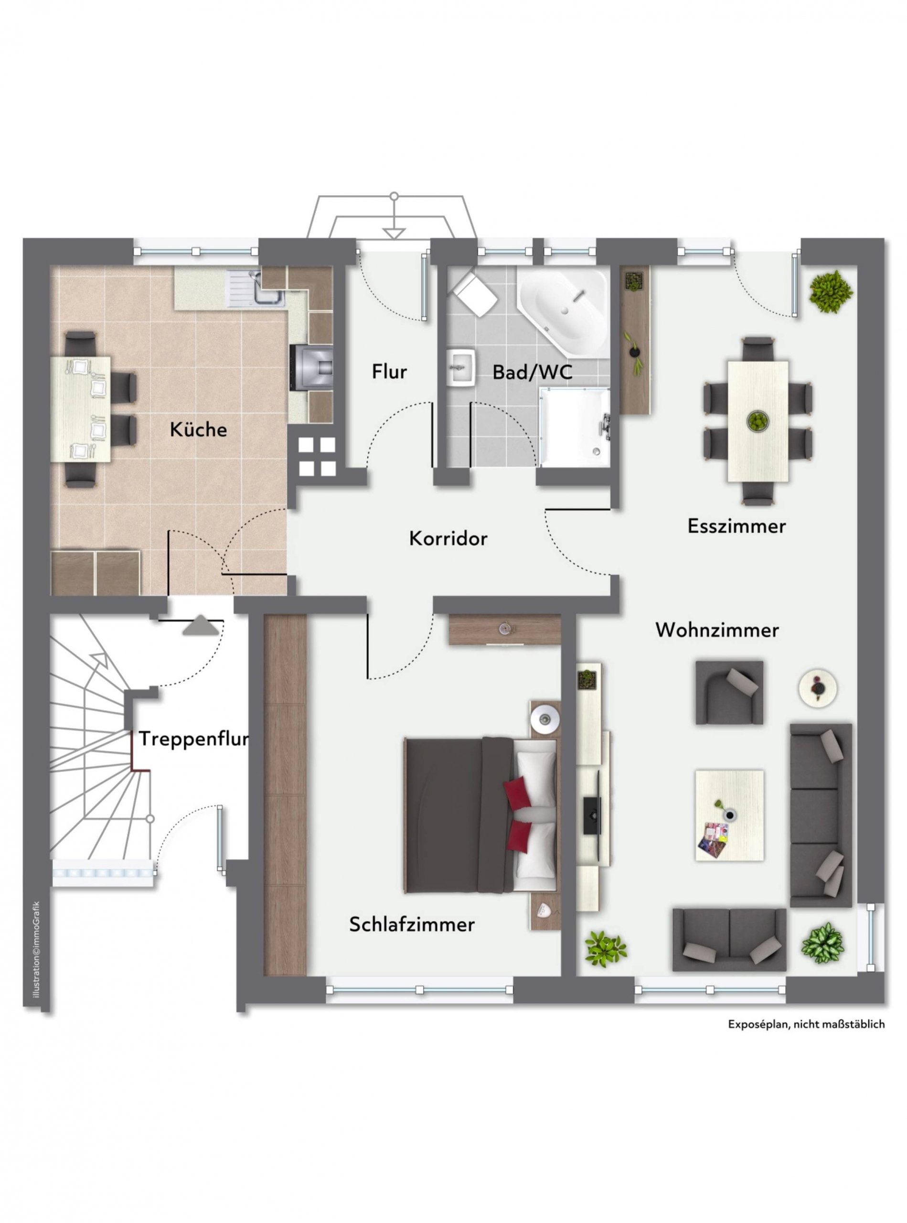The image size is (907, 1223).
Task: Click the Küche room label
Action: coord(198,429)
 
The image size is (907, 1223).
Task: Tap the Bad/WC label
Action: coord(532,372)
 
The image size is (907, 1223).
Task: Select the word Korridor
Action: coord(448,539)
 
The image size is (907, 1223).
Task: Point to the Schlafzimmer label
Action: coord(412,924)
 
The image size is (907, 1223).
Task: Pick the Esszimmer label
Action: coord(736,526)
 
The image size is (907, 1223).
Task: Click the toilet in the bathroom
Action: coord(474,293)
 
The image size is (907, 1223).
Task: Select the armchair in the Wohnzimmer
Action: coord(729,693)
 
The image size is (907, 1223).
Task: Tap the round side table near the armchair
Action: coord(818,687)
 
